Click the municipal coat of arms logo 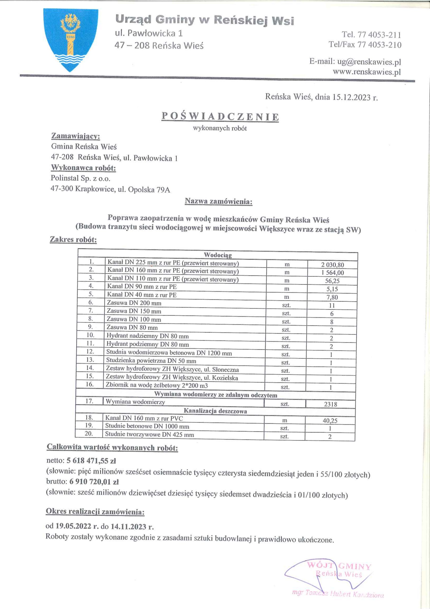coord(71,40)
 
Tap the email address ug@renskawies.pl coord(369,62)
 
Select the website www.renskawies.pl coord(367,72)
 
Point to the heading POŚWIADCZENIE coord(220,117)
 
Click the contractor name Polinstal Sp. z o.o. coord(80,178)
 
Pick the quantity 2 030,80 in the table coord(333,265)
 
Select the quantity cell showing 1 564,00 coord(333,273)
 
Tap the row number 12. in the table coord(90,351)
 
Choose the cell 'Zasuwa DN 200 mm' coord(134,303)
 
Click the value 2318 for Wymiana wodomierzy coord(331,404)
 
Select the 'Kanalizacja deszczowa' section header coord(215,411)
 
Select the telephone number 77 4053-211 coord(379,35)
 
